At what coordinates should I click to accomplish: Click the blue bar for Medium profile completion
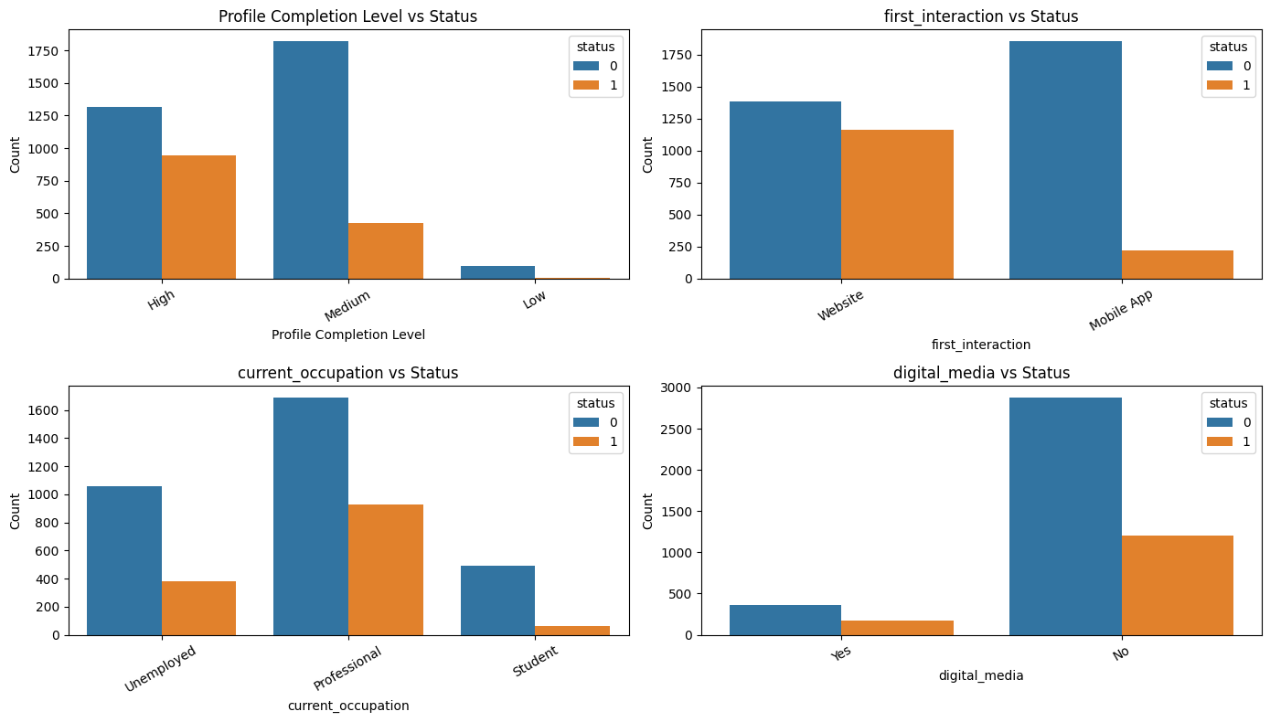pyautogui.click(x=311, y=160)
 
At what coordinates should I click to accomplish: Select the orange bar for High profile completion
pyautogui.click(x=198, y=218)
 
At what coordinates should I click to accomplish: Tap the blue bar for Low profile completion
pyautogui.click(x=497, y=272)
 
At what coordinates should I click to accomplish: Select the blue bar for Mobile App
pyautogui.click(x=1065, y=160)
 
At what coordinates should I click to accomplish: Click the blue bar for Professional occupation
pyautogui.click(x=311, y=516)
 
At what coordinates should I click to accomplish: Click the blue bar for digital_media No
pyautogui.click(x=1065, y=516)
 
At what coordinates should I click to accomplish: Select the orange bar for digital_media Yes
pyautogui.click(x=897, y=628)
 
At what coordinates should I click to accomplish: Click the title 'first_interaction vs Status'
pyautogui.click(x=980, y=16)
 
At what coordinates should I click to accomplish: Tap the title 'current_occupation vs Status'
pyautogui.click(x=347, y=373)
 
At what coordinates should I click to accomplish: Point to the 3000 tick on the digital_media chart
pyautogui.click(x=678, y=388)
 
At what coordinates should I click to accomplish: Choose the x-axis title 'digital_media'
pyautogui.click(x=980, y=676)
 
